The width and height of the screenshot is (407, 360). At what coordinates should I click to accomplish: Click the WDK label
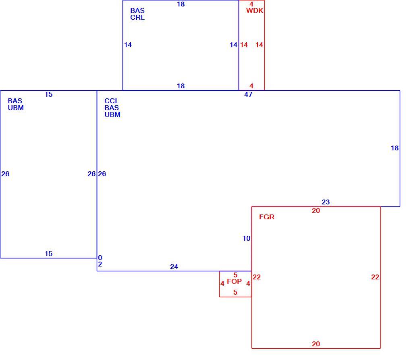(x=255, y=10)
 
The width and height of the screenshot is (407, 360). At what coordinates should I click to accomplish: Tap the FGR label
(x=267, y=217)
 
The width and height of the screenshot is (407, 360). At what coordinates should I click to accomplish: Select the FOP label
(x=234, y=281)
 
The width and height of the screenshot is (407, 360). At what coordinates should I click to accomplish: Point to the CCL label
(x=112, y=101)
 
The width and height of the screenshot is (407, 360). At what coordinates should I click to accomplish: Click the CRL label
(x=137, y=17)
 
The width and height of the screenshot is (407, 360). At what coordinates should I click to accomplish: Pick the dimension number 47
(x=248, y=94)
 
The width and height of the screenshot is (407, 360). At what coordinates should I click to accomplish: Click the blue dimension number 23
(x=326, y=202)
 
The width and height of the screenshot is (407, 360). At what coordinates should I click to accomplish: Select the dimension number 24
(x=174, y=266)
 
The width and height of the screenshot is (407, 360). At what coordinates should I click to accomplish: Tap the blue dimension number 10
(x=246, y=238)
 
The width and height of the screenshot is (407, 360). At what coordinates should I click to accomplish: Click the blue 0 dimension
(x=100, y=258)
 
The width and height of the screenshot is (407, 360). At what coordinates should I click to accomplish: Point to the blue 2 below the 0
(x=100, y=264)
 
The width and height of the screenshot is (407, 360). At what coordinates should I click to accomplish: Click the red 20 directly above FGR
(x=316, y=210)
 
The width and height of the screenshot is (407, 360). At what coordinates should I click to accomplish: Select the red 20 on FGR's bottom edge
(x=316, y=344)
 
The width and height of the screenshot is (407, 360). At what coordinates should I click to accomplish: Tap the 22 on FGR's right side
(x=375, y=277)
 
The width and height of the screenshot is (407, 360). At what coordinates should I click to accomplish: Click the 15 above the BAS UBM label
(x=48, y=94)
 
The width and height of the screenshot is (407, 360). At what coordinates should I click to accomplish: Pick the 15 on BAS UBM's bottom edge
(x=48, y=254)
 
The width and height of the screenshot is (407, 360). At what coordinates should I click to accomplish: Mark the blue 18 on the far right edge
(x=395, y=148)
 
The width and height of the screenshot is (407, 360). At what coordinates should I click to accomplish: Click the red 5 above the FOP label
(x=235, y=275)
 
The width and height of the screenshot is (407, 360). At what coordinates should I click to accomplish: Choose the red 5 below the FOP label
(x=235, y=292)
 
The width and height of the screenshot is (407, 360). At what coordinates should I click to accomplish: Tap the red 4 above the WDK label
(x=251, y=4)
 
